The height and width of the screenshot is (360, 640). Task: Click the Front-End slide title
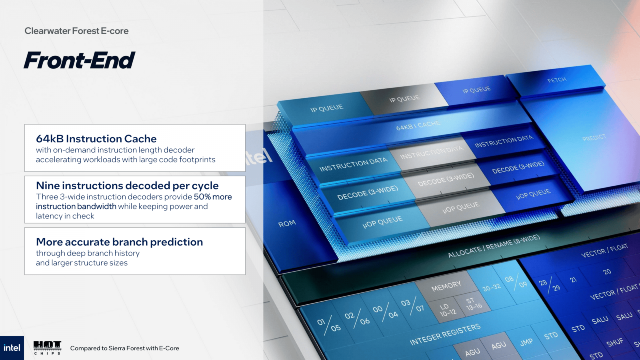(x=79, y=61)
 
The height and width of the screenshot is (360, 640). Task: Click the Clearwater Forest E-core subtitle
(x=76, y=31)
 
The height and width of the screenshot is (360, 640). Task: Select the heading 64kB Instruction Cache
(x=96, y=139)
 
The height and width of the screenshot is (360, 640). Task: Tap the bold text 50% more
(x=213, y=197)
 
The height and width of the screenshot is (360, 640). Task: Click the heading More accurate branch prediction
(x=119, y=242)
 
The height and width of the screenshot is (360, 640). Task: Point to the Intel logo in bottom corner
(x=12, y=348)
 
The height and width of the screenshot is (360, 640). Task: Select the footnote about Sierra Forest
(x=124, y=348)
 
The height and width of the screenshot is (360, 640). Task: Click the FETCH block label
(x=557, y=80)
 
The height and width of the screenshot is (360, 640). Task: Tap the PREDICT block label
(x=594, y=138)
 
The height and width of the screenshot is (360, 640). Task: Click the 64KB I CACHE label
(x=418, y=125)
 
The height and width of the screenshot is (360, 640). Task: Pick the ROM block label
(x=287, y=224)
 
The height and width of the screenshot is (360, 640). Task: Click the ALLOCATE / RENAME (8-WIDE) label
(x=494, y=246)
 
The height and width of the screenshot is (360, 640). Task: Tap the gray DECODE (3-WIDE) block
(x=446, y=180)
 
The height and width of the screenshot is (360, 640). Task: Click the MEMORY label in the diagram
(x=446, y=286)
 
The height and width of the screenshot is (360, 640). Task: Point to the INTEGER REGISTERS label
(x=445, y=334)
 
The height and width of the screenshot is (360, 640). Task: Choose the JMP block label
(x=526, y=342)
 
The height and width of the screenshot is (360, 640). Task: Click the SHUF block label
(x=614, y=342)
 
